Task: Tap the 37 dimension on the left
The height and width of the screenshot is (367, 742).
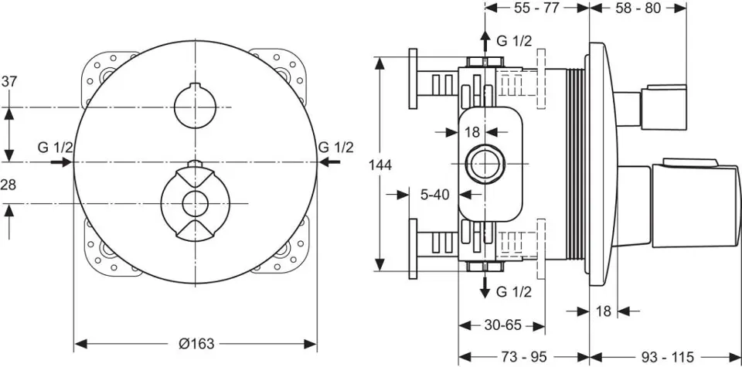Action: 10,81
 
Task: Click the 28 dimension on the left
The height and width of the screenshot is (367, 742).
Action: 10,185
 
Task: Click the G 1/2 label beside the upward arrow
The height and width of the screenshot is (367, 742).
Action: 514,41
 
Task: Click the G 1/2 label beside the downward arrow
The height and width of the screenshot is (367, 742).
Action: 514,291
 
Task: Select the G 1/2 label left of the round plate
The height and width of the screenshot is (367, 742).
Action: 56,147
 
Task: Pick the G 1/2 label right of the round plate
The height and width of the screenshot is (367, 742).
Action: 335,147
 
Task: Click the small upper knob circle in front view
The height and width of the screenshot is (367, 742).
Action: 196,106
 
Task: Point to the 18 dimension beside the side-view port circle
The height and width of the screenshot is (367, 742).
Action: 472,132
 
